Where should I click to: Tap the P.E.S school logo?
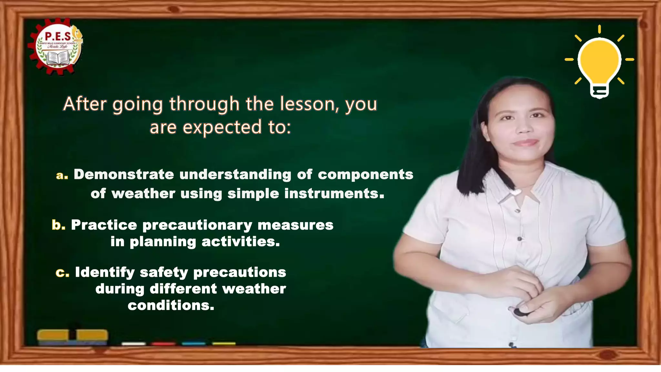[57, 47]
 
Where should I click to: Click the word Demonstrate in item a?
[124, 175]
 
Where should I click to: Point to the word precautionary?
[197, 225]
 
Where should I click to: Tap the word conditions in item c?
[171, 305]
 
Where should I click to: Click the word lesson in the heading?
[308, 104]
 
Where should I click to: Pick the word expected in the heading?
[222, 127]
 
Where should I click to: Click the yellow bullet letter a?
[61, 175]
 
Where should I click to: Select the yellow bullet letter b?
[58, 225]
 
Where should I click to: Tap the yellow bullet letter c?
[62, 273]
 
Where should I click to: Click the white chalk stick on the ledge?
[134, 344]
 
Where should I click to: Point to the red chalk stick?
[163, 344]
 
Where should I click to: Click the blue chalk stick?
[194, 344]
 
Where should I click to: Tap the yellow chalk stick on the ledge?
[224, 344]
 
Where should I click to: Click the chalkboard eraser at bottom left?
[72, 336]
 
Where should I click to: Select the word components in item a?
[365, 175]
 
